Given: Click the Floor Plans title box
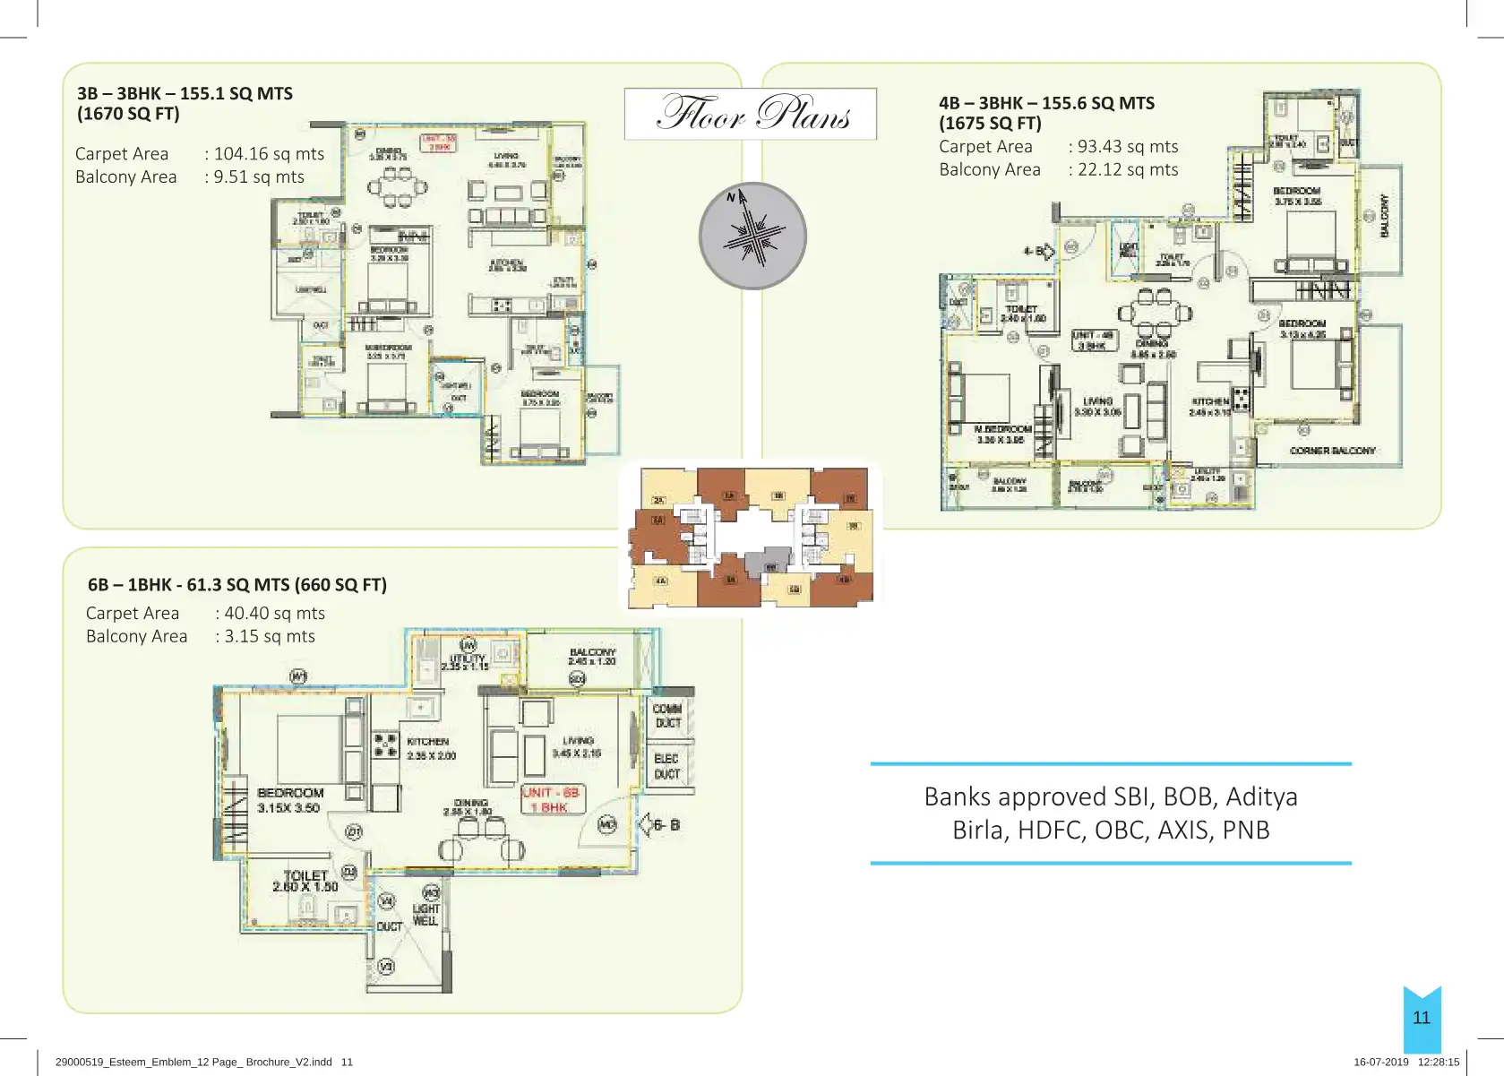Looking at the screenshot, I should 751,114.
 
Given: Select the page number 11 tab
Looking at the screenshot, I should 1422,1018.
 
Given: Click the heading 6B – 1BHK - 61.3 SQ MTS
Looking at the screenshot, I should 237,585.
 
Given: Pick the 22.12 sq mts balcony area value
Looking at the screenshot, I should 1128,170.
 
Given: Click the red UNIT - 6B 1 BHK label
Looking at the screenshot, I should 552,799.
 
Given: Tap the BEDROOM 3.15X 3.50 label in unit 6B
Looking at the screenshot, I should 289,800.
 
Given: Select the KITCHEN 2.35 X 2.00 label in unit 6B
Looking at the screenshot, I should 431,748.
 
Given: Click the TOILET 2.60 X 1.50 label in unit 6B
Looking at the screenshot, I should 305,881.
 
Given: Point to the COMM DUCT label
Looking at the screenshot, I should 668,715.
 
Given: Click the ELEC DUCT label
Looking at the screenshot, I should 667,766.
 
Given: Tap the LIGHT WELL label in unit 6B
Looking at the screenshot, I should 425,914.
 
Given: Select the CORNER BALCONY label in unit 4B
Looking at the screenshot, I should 1332,451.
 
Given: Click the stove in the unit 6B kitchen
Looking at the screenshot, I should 385,745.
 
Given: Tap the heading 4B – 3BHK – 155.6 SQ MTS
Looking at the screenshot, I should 1046,103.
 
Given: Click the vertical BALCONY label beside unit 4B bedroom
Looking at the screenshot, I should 1384,215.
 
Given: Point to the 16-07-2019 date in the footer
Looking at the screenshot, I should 1380,1062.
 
